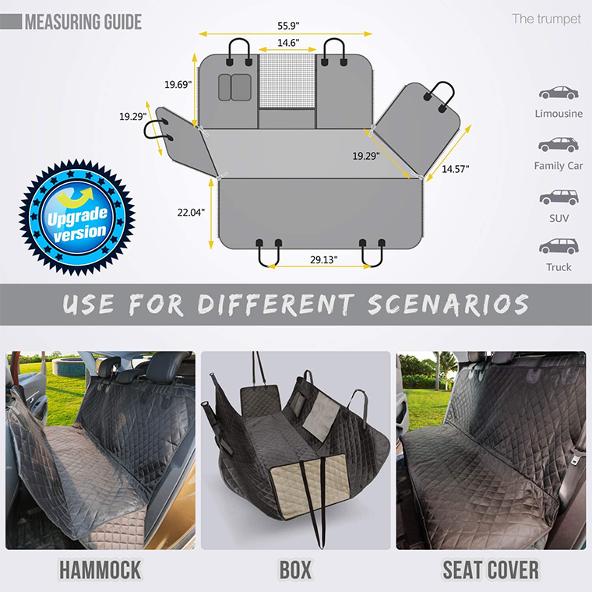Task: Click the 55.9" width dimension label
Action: (x=287, y=25)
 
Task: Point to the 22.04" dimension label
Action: (x=191, y=212)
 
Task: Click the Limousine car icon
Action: (x=559, y=93)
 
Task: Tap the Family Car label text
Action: (x=558, y=166)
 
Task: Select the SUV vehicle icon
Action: (x=559, y=197)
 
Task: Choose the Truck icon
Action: (x=559, y=246)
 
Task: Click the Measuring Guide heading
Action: (x=83, y=21)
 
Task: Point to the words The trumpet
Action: (x=546, y=19)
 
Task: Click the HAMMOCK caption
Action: (x=100, y=569)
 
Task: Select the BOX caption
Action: (x=295, y=569)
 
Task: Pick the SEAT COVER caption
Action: (x=491, y=569)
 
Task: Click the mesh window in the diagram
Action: (x=287, y=81)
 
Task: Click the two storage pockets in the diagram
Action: (x=234, y=87)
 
